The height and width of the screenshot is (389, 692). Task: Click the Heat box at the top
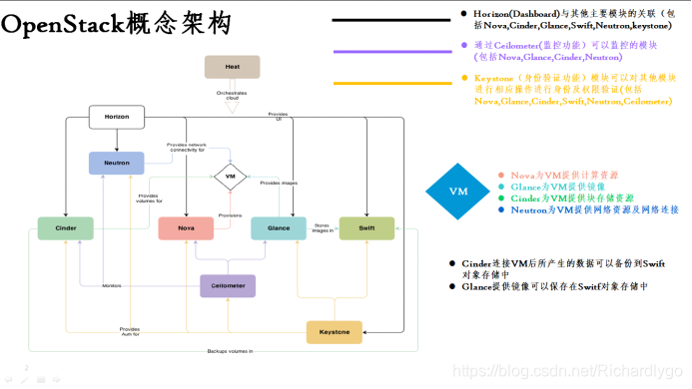(x=231, y=67)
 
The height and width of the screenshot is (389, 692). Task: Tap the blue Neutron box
(x=116, y=161)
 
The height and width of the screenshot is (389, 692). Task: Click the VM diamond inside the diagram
(x=230, y=178)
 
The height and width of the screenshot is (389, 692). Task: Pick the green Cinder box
(x=65, y=228)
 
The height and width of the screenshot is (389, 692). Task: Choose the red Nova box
(x=186, y=228)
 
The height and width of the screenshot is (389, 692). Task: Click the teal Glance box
(x=278, y=228)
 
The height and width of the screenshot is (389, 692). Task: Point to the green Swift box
(x=366, y=228)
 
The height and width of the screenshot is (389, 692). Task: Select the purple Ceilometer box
(x=229, y=285)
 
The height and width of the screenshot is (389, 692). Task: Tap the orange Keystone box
(x=334, y=331)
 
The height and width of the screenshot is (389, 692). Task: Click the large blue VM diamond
(x=458, y=191)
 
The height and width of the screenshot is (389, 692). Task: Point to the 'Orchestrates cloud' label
(x=231, y=95)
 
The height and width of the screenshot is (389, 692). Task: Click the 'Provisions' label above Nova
(x=230, y=214)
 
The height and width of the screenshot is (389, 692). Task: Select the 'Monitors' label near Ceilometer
(x=112, y=285)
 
